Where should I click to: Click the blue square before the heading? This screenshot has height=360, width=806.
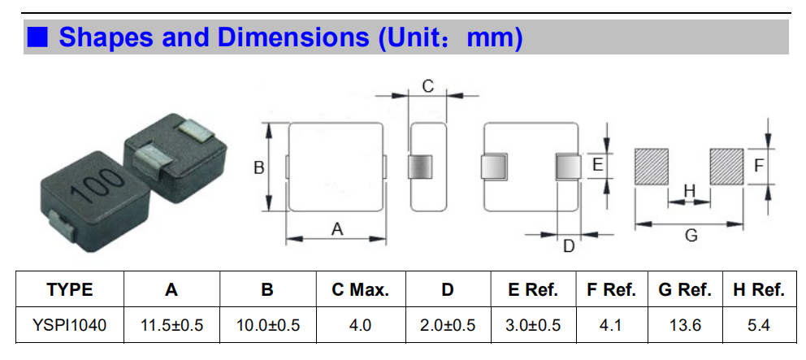37,37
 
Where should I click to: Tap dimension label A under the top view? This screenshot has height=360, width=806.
336,229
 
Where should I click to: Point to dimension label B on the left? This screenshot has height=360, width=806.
259,167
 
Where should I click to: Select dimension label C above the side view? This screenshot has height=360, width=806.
427,86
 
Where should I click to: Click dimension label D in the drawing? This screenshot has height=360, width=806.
569,246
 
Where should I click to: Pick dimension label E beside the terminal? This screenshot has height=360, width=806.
597,165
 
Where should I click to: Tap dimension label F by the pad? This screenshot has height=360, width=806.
759,166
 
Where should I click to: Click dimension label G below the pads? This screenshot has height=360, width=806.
691,236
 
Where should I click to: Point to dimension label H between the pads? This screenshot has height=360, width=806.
689,191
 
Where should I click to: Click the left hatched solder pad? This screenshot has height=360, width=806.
652,167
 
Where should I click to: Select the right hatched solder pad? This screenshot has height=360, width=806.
726,167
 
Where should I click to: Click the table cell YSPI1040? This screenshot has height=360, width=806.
70,325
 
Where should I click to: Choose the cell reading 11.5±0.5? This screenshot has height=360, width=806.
171,325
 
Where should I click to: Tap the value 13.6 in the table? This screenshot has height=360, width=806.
685,325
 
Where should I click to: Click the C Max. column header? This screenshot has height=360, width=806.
360,290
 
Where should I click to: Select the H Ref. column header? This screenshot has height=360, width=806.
759,290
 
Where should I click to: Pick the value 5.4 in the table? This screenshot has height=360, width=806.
759,325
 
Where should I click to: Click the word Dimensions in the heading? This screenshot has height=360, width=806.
293,37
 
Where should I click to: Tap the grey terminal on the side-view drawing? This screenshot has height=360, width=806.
420,167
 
